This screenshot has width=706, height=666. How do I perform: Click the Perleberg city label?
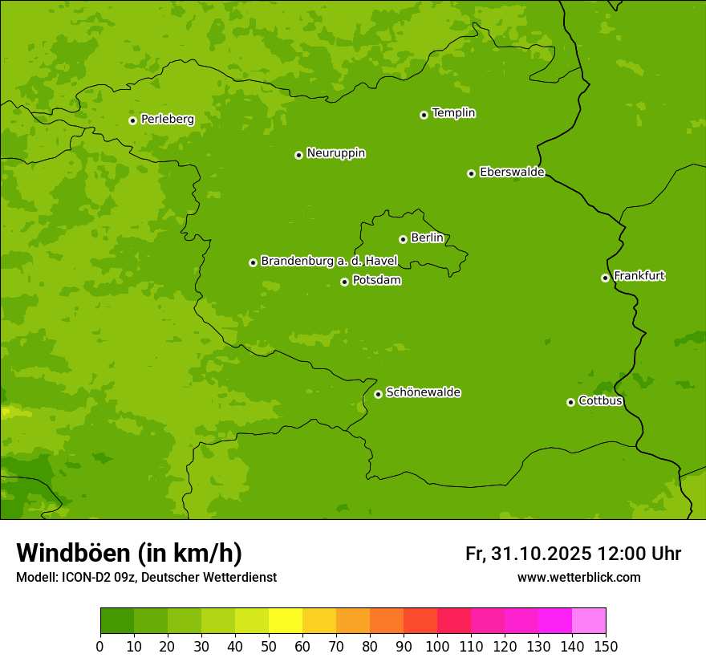167,120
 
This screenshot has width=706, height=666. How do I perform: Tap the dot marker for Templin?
424,115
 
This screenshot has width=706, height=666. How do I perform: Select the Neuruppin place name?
335,153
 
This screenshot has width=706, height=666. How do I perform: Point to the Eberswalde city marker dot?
471,173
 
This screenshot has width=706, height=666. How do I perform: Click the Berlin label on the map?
427,238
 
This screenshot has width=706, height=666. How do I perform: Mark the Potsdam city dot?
344,282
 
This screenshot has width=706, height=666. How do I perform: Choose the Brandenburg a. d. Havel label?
329,262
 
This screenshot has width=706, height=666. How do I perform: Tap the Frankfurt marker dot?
605,278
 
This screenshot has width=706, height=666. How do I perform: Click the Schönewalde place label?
423,392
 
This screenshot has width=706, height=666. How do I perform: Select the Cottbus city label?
600,401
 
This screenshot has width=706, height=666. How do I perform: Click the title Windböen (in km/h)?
129,553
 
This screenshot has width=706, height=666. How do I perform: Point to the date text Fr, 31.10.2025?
528,554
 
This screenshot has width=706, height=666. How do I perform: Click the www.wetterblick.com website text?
578,577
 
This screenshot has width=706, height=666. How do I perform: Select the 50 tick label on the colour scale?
269,646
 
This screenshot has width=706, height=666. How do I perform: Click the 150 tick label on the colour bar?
606,646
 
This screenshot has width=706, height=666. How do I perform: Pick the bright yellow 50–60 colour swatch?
286,621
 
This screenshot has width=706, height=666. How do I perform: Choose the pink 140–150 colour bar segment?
589,621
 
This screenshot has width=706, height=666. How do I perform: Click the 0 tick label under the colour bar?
100,646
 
